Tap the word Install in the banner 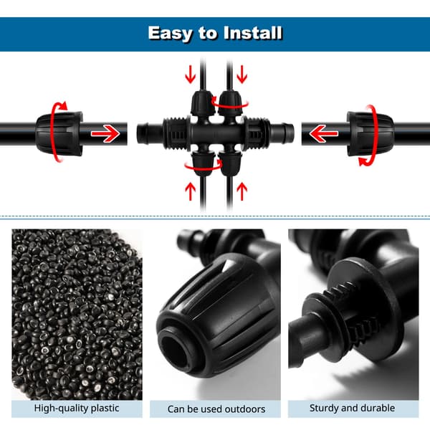253,33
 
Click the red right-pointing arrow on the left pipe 105,133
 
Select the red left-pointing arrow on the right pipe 324,133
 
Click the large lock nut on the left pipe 59,133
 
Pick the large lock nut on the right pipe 371,133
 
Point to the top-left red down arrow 191,74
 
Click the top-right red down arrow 242,74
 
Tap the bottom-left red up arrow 191,191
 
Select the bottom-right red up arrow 242,191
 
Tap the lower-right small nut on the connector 231,164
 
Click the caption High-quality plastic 77,408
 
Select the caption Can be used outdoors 216,409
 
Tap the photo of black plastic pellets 77,315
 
